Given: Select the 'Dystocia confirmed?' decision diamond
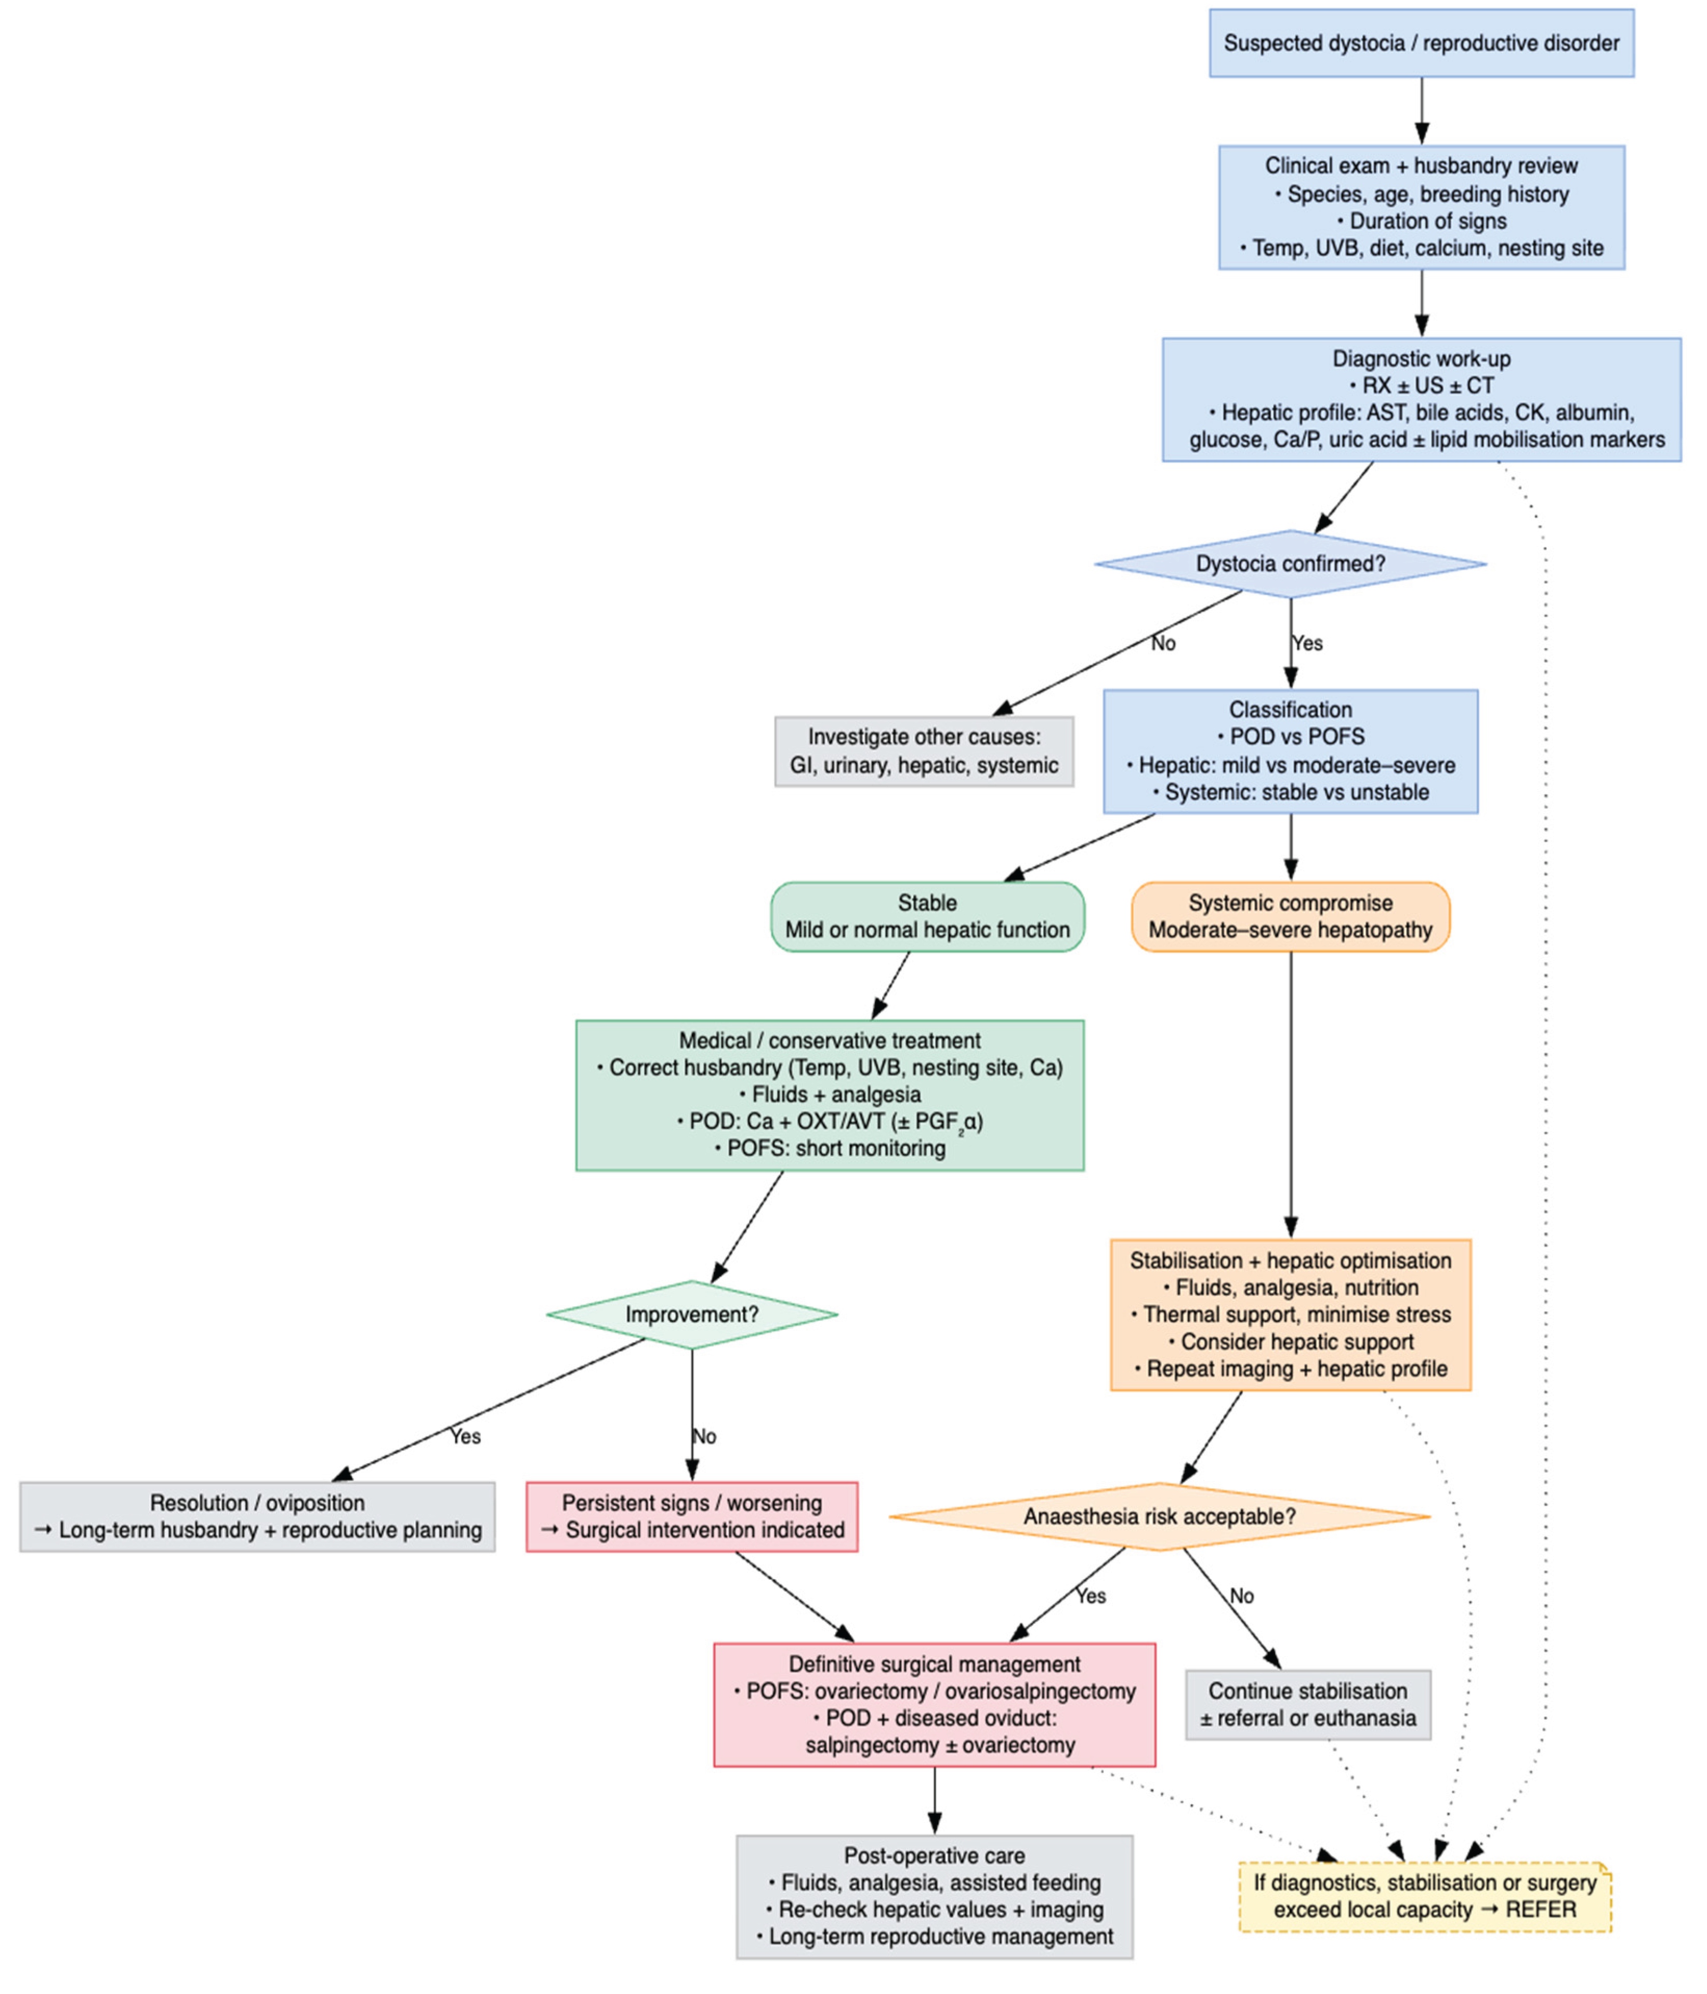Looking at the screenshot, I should click(1290, 564).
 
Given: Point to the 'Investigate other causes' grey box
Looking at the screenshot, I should click(924, 752).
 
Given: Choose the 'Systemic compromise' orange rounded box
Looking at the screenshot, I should click(1290, 916).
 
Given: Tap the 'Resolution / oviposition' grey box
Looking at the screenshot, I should click(257, 1517).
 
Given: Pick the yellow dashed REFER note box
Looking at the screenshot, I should click(1424, 1896).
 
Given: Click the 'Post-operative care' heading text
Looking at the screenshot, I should click(934, 1855).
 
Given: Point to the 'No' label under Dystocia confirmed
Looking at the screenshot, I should click(1162, 643).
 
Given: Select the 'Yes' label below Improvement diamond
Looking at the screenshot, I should click(465, 1436).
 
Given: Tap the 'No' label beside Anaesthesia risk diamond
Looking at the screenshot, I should click(1241, 1596).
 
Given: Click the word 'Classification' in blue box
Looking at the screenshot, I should click(1290, 709).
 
